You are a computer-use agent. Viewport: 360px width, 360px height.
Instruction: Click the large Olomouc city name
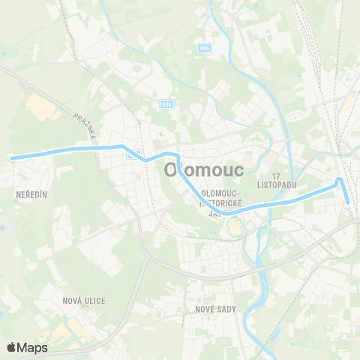[x=202, y=170]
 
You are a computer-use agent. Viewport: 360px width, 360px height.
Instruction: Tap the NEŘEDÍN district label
[x=31, y=194]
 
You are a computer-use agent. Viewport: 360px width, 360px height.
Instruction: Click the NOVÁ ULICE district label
[x=84, y=301]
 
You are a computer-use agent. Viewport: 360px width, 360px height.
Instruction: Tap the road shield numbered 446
[x=204, y=48]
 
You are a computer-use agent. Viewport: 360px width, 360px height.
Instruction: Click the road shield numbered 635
[x=166, y=104]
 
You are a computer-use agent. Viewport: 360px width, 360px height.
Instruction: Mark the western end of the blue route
[x=12, y=157]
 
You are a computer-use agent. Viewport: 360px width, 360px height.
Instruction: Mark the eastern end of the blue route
[x=348, y=201]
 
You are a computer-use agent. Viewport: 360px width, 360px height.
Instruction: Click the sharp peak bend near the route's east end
[x=340, y=178]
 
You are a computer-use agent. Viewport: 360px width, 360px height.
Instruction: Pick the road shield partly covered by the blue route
[x=133, y=154]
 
